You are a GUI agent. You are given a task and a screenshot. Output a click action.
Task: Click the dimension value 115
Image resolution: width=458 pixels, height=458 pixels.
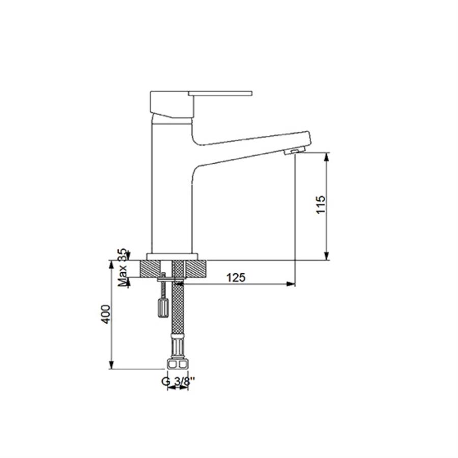pyautogui.click(x=321, y=205)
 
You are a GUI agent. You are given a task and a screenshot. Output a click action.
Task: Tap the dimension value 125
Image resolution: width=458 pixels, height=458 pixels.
pyautogui.click(x=236, y=277)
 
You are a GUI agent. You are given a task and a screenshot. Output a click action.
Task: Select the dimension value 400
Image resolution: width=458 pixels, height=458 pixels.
pyautogui.click(x=106, y=314)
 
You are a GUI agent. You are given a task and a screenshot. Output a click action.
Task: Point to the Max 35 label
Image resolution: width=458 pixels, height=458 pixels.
pyautogui.click(x=123, y=267)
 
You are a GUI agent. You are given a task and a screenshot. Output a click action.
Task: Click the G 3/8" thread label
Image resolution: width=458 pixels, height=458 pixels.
pyautogui.click(x=178, y=381)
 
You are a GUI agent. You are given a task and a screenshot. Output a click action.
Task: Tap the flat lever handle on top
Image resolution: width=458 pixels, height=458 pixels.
pyautogui.click(x=220, y=94)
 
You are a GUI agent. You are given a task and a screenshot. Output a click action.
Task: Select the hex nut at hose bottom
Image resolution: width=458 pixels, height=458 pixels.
pyautogui.click(x=178, y=364)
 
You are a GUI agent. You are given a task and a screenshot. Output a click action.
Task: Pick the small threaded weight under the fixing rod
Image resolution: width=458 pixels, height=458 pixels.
pyautogui.click(x=163, y=307)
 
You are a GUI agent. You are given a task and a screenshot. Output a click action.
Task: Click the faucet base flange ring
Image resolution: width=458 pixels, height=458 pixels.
pyautogui.click(x=173, y=256)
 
